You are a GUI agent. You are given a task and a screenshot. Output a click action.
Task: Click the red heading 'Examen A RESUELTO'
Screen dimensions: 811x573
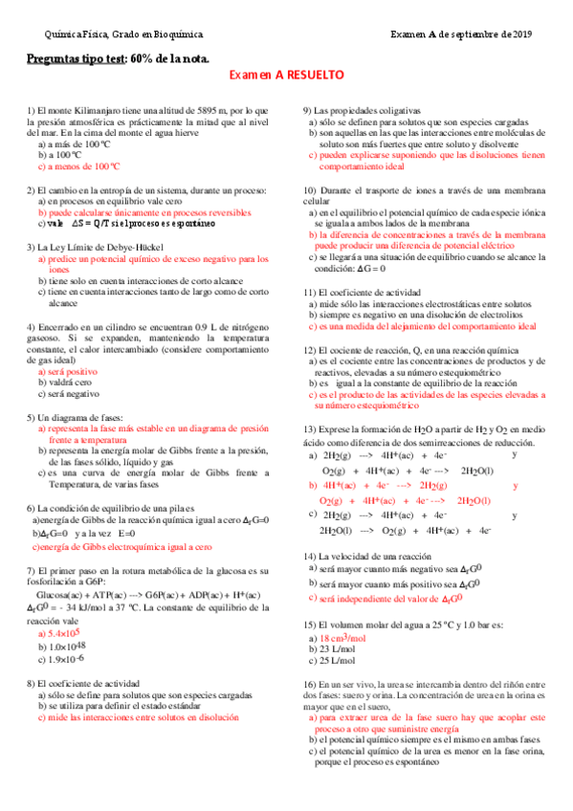(x=287, y=75)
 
